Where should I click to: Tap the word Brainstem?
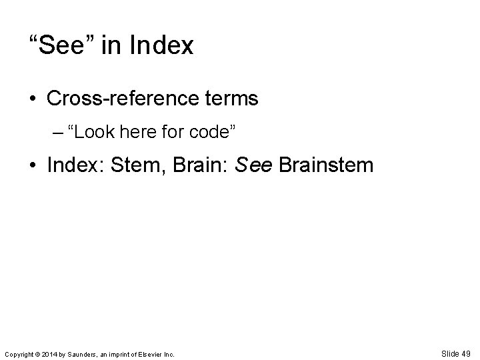(x=325, y=165)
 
